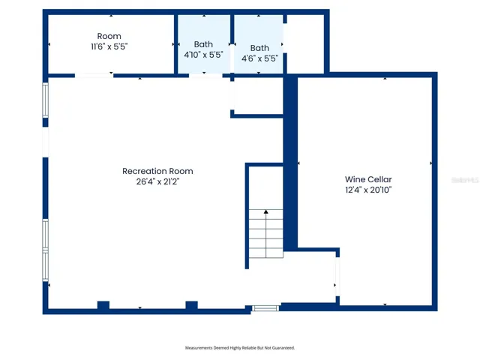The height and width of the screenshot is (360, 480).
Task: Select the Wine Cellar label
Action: pos(368,179)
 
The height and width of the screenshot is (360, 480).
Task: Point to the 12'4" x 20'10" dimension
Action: pos(368,190)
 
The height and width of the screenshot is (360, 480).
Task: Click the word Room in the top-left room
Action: pos(109,36)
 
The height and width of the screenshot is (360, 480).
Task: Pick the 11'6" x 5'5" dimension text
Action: pos(109,46)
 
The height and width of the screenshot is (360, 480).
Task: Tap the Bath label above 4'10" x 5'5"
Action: pos(203,44)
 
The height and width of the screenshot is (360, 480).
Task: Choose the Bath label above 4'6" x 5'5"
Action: pos(259,48)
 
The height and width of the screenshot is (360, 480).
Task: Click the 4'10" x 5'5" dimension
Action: pos(203,55)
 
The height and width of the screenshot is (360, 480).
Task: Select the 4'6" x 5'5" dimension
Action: pos(259,58)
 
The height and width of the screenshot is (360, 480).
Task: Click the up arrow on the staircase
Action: pos(265,214)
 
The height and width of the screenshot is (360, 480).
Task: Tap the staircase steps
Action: pos(265,232)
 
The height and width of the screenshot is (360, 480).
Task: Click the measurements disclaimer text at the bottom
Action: pos(240,348)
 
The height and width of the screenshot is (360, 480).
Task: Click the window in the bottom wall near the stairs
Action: pos(265,307)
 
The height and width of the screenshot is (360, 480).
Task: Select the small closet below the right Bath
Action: pos(256,95)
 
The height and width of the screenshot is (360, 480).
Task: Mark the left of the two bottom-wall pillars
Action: pos(103,304)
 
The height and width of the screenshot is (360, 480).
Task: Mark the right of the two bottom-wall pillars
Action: pos(191,304)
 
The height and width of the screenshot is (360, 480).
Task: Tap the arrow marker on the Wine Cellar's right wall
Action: pos(431,163)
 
